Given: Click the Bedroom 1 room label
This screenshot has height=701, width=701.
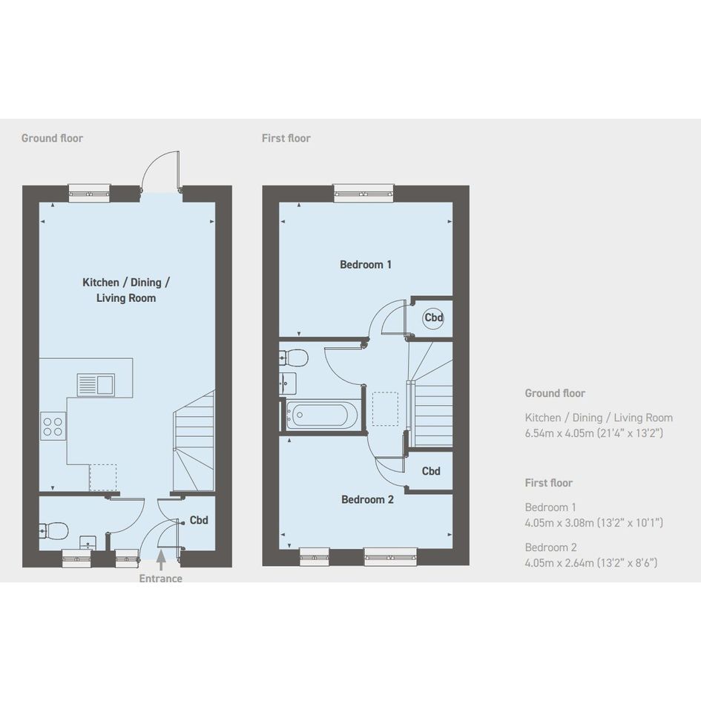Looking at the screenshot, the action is (x=365, y=265).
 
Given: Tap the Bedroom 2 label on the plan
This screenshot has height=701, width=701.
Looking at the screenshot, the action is (x=367, y=499).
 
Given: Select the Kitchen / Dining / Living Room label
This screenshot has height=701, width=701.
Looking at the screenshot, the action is (x=126, y=290).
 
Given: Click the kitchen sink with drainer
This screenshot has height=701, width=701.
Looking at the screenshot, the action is (x=96, y=384).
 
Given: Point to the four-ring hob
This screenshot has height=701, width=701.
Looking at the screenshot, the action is (x=53, y=426).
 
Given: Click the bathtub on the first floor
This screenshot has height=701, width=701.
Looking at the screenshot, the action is (x=322, y=415).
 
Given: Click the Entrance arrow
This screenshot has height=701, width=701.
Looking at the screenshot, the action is (x=161, y=560).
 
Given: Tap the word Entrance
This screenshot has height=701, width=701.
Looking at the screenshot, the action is (x=160, y=579).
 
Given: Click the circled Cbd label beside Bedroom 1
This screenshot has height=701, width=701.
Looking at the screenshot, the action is (x=434, y=318).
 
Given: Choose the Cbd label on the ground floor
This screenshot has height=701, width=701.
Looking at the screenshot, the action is (x=199, y=520).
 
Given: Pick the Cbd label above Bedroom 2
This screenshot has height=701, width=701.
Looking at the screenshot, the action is (x=431, y=471).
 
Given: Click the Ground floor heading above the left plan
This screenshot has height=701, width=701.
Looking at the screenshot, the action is (x=53, y=138).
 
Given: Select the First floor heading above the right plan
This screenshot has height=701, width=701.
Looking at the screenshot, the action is (x=286, y=138).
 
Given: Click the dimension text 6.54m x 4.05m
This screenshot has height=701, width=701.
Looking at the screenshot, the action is (x=560, y=432).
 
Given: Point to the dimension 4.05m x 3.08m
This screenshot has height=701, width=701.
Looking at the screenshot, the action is (x=560, y=522).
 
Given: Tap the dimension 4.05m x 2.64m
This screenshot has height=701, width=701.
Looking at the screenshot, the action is (x=560, y=562).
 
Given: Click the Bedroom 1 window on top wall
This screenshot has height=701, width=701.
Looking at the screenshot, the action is (x=364, y=193).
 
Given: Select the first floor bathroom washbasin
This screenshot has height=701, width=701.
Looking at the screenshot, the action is (x=288, y=383).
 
